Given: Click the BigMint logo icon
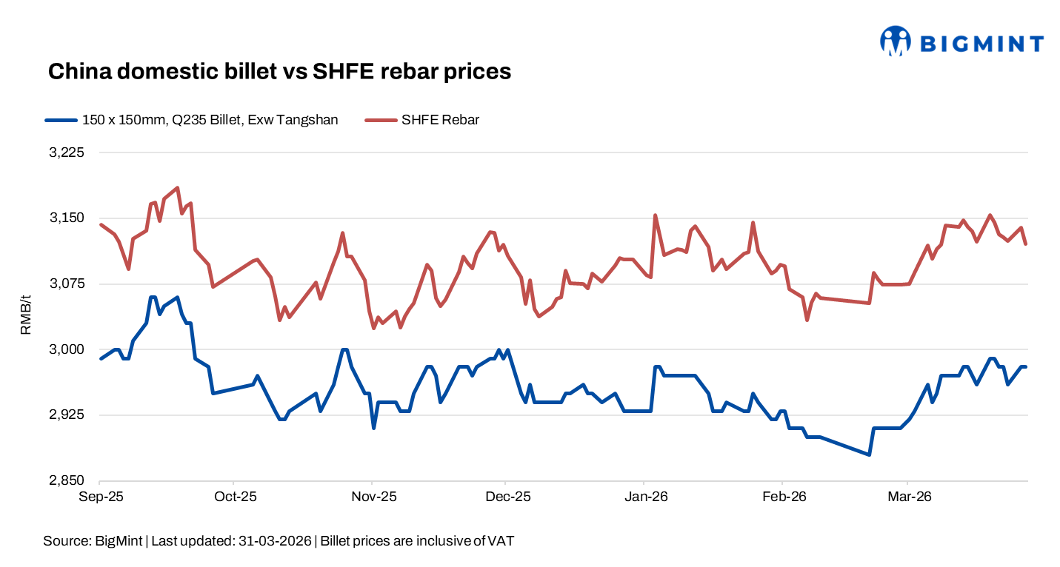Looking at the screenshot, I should [x=895, y=41].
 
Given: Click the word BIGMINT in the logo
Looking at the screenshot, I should [x=981, y=44].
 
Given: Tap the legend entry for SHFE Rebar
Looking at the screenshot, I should [x=440, y=120].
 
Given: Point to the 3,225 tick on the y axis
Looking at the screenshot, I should [x=68, y=152].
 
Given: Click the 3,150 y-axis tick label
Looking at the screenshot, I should [x=68, y=218].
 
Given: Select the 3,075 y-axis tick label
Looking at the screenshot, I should [x=68, y=283].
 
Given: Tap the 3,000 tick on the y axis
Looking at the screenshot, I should [x=68, y=349].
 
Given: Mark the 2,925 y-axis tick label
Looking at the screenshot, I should [x=68, y=415].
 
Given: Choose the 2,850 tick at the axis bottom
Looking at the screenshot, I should [x=68, y=480].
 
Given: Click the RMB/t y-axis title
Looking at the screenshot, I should [x=26, y=316].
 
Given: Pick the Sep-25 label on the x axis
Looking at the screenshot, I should [x=100, y=496].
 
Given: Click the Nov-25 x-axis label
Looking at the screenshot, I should [x=373, y=496].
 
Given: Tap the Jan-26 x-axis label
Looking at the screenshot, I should [x=646, y=496].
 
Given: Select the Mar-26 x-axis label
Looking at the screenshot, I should [x=909, y=496].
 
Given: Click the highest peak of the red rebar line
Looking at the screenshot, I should [x=177, y=188].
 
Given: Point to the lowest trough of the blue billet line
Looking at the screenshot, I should [x=870, y=454].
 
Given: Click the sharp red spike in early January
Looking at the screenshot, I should [x=655, y=215].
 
